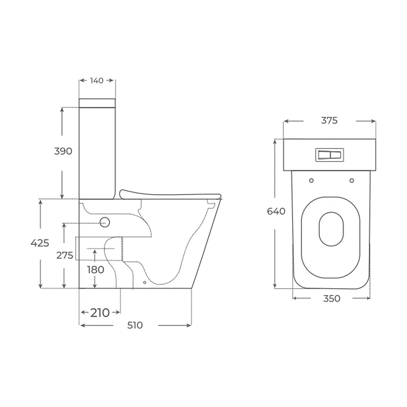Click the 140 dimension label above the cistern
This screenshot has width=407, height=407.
point(97,81)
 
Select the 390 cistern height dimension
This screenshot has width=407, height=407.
point(63,151)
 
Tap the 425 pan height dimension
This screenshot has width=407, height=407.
point(40,243)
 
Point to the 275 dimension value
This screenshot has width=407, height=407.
point(65,256)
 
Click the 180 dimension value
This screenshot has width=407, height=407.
point(96,270)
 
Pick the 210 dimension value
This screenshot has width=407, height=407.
point(100,313)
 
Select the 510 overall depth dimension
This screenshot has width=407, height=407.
point(135,325)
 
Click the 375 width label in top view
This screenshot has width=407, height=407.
point(329,120)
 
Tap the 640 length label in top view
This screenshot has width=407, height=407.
point(276,211)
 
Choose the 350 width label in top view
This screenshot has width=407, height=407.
point(331,298)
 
